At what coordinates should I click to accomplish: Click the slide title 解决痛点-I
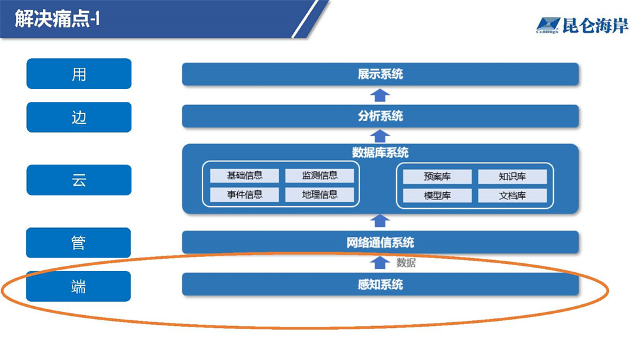(x=57, y=19)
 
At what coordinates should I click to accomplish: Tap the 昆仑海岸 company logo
(x=582, y=26)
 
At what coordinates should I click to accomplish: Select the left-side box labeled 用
(x=79, y=74)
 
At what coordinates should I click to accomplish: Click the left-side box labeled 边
(x=79, y=117)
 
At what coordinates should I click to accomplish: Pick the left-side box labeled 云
(x=79, y=180)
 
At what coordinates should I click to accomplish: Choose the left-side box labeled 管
(x=79, y=243)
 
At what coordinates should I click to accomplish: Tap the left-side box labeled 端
(x=79, y=286)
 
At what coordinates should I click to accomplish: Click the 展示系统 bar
(x=380, y=74)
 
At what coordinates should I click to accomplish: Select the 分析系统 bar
(x=380, y=117)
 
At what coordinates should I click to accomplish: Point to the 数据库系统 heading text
(x=380, y=153)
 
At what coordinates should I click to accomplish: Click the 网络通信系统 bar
(x=380, y=243)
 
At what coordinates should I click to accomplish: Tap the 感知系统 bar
(x=380, y=284)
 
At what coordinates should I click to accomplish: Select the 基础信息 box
(x=244, y=176)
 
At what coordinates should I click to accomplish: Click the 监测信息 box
(x=319, y=176)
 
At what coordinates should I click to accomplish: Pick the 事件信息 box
(x=244, y=195)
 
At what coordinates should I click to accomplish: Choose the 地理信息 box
(x=319, y=195)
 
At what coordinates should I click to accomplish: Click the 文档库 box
(x=512, y=196)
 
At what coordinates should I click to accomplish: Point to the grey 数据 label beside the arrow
(x=406, y=263)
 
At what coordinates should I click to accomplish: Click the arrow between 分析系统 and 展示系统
(x=380, y=95)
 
